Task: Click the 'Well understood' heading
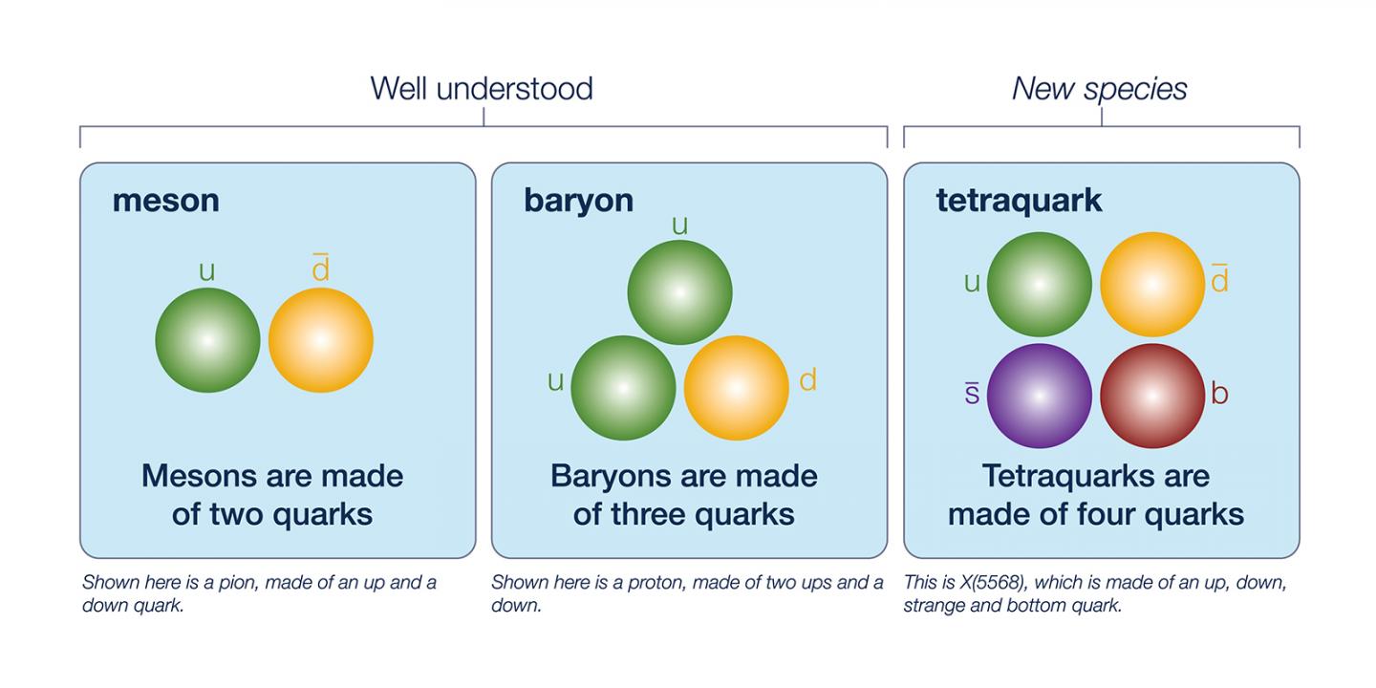(x=482, y=89)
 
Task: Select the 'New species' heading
(x=1100, y=90)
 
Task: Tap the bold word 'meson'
(x=166, y=201)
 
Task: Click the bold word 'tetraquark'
(x=1019, y=201)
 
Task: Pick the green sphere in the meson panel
(x=207, y=340)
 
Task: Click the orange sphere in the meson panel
(x=321, y=340)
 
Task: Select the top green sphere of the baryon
(x=680, y=292)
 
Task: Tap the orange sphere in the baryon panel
(x=737, y=388)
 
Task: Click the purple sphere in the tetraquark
(x=1040, y=396)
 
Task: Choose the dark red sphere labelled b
(x=1152, y=396)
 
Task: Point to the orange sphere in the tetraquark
(x=1152, y=285)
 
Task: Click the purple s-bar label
(x=972, y=393)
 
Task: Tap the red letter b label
(x=1219, y=393)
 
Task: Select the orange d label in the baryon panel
(x=807, y=380)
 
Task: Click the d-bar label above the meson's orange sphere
(x=321, y=268)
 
